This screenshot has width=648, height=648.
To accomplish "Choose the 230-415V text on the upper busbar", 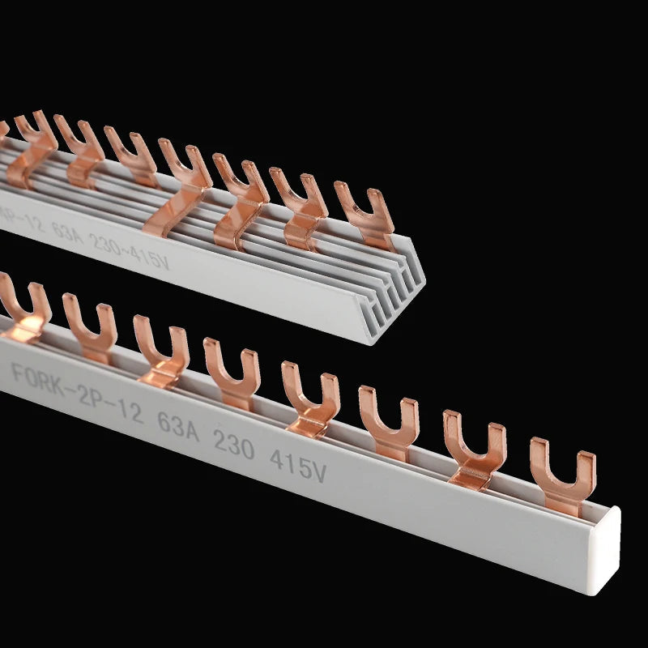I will tap(130, 242).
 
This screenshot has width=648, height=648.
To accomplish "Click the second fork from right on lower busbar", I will tap(474, 450).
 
